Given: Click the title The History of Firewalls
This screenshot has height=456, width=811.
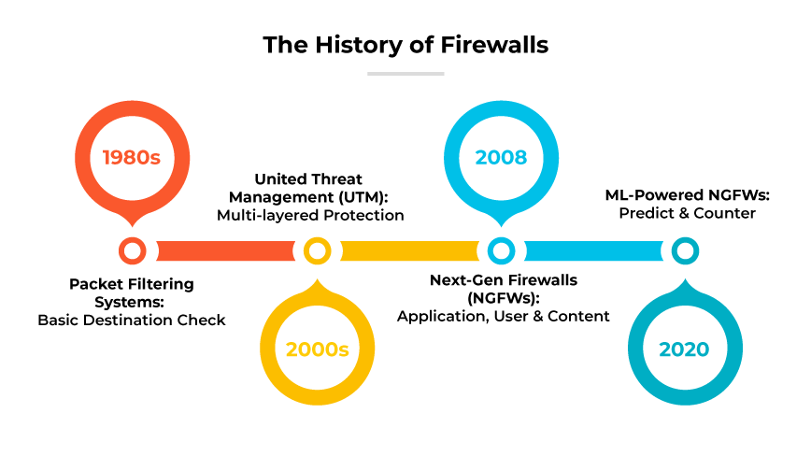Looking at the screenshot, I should coord(405,44).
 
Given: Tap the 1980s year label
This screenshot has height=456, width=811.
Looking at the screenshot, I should coord(132,157).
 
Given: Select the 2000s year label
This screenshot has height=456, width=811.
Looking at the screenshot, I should coord(317,349).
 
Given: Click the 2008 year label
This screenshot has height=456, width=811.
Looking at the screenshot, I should coord(501,157).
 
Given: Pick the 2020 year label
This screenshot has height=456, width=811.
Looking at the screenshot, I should coord(684,349).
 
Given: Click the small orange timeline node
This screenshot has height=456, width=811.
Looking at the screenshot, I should coord(132,250).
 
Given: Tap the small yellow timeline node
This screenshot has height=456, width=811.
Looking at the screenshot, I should coord(317,250).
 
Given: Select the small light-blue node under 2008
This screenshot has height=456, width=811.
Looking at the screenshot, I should coord(501,250).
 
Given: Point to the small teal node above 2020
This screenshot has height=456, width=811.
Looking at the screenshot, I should coord(685,250).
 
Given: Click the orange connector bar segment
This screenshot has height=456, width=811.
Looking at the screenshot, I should coord(224,250).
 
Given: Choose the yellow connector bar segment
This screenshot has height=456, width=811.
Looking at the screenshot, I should coord(409,250).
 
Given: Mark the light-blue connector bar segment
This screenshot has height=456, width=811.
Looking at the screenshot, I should coord(593,250).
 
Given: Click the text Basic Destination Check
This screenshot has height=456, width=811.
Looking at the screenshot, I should coord(132,320).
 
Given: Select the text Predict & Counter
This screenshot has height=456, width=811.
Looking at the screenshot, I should coord(687,213).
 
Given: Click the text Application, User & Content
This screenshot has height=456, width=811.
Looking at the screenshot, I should coord(504,316).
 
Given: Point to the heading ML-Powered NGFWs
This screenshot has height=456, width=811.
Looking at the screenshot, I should coord(687,195).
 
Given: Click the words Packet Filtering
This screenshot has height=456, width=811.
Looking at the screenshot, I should coord(132,283).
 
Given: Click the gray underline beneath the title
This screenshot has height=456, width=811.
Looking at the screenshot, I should coord(405,73).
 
